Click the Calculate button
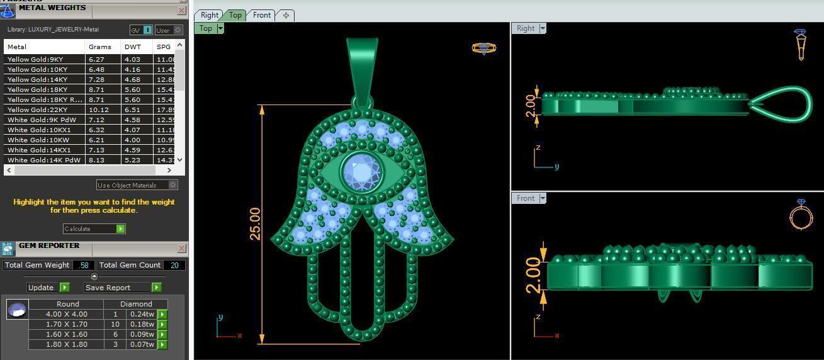point(94,228)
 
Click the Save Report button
point(123,287)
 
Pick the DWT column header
point(132,47)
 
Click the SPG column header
point(163,47)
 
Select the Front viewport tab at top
point(262,15)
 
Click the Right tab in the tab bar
point(210,15)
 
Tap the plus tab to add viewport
point(286,15)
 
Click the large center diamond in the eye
point(361,171)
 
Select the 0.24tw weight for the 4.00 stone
point(142,314)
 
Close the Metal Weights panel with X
point(181,11)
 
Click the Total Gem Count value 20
point(174,265)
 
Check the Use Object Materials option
point(173,185)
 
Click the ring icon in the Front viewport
point(801,214)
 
